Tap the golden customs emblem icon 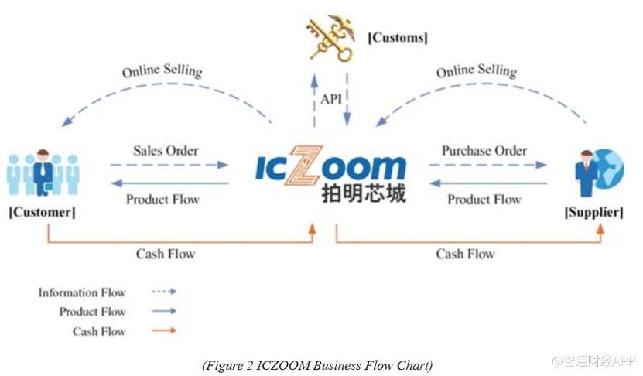click(x=331, y=36)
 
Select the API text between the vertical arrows click(x=330, y=98)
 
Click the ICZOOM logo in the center click(x=331, y=168)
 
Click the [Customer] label click(x=42, y=211)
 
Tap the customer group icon click(x=43, y=173)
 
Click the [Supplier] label click(x=594, y=212)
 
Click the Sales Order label click(x=166, y=150)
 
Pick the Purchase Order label click(x=484, y=150)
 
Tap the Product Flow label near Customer click(x=162, y=199)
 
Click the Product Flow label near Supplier click(x=484, y=199)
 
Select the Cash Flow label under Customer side click(x=166, y=254)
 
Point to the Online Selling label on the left click(x=162, y=71)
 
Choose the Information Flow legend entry click(x=82, y=292)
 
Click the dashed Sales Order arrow click(x=169, y=165)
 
